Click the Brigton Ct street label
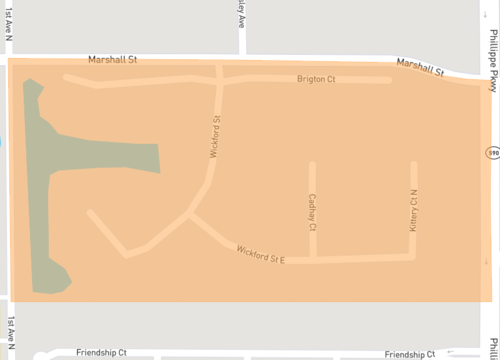[x=315, y=78]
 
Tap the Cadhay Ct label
[x=313, y=213]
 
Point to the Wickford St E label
[x=261, y=254]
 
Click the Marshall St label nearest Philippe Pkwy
[x=420, y=67]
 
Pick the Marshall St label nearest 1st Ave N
[x=111, y=60]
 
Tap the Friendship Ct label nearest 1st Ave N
[x=101, y=353]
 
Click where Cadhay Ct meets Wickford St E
[x=313, y=259]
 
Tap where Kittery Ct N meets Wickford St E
[x=413, y=256]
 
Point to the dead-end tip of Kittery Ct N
[x=413, y=163]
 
